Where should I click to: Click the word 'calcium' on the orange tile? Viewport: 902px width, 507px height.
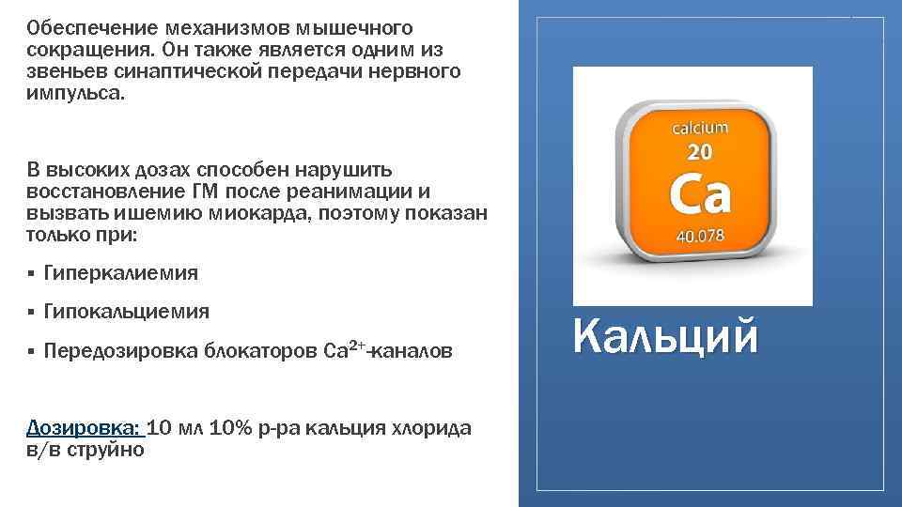pyautogui.click(x=698, y=127)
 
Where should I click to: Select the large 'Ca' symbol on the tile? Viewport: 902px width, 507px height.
pyautogui.click(x=698, y=194)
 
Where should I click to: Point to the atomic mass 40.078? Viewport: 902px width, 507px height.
pyautogui.click(x=698, y=237)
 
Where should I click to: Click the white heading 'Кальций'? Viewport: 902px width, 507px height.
pyautogui.click(x=664, y=336)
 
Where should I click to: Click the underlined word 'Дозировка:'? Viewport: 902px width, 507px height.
pyautogui.click(x=86, y=428)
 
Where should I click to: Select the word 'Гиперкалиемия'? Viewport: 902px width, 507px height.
pyautogui.click(x=121, y=272)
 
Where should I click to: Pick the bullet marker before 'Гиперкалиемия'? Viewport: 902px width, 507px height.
pyautogui.click(x=31, y=273)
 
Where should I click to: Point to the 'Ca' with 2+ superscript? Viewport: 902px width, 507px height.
pyautogui.click(x=341, y=350)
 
